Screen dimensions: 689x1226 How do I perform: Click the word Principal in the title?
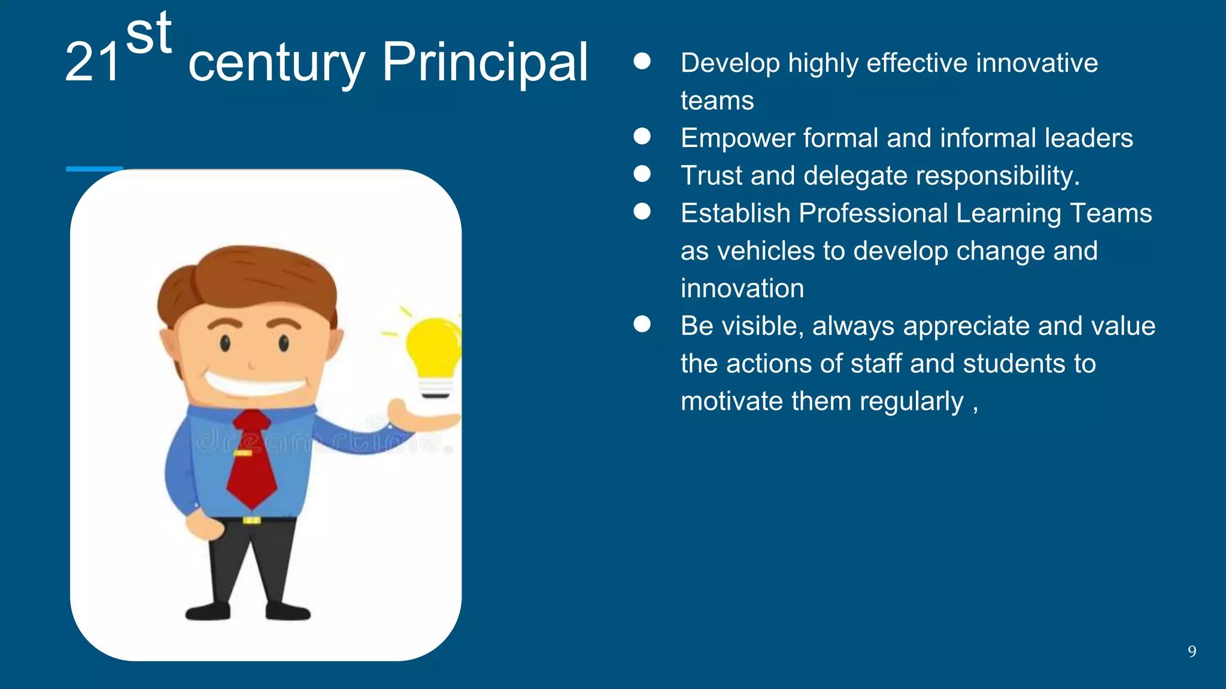pyautogui.click(x=485, y=63)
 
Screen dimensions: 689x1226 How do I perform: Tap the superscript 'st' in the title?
pyautogui.click(x=149, y=34)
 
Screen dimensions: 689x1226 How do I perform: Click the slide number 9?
pyautogui.click(x=1192, y=651)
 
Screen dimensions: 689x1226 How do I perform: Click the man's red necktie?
pyautogui.click(x=252, y=461)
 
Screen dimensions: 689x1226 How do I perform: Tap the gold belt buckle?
pyautogui.click(x=251, y=520)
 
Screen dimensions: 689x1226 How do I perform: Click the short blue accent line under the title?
pyautogui.click(x=94, y=169)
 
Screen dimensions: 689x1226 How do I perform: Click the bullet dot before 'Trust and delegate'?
pyautogui.click(x=642, y=175)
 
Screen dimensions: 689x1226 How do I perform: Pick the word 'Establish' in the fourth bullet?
pyautogui.click(x=735, y=214)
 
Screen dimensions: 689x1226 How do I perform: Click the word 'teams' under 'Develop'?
pyautogui.click(x=717, y=100)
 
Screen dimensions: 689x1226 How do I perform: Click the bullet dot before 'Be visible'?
pyautogui.click(x=642, y=325)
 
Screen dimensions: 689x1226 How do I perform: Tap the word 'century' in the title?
pyautogui.click(x=276, y=63)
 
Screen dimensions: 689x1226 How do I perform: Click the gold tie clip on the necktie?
pyautogui.click(x=243, y=453)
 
